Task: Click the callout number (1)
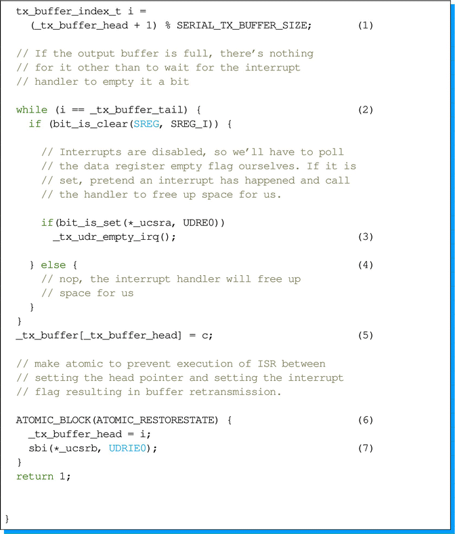coord(366,26)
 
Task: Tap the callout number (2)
coord(366,110)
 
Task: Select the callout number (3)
coord(366,237)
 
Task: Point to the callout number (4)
coord(366,265)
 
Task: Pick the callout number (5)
coord(366,335)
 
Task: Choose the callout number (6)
coord(366,420)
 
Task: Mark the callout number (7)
coord(366,448)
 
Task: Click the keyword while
coord(32,110)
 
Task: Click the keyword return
coord(35,476)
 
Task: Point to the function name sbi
coord(37,448)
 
